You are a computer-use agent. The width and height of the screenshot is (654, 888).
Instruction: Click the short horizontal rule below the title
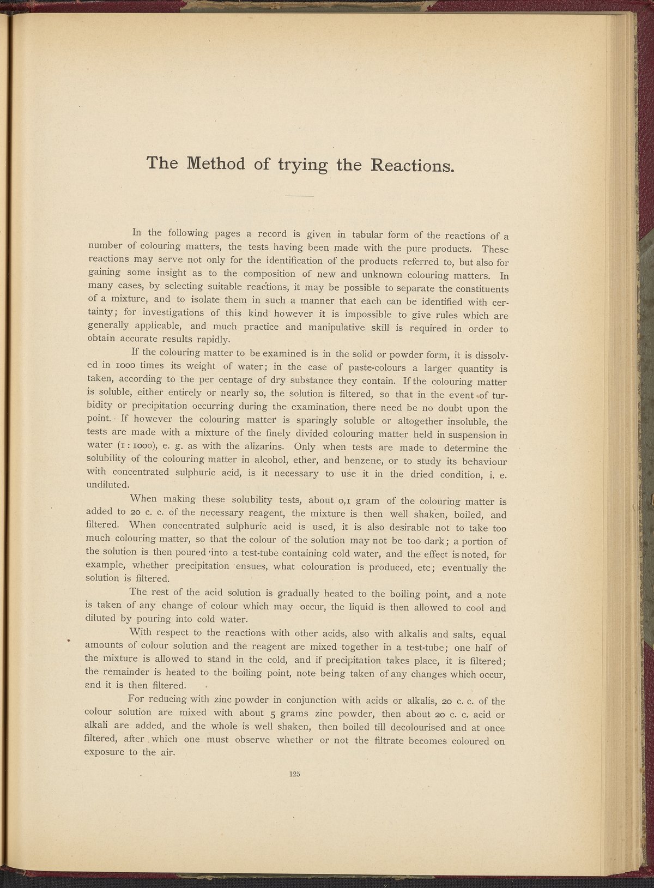pyautogui.click(x=299, y=196)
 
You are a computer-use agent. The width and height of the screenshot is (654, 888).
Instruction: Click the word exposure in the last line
pyautogui.click(x=106, y=753)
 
